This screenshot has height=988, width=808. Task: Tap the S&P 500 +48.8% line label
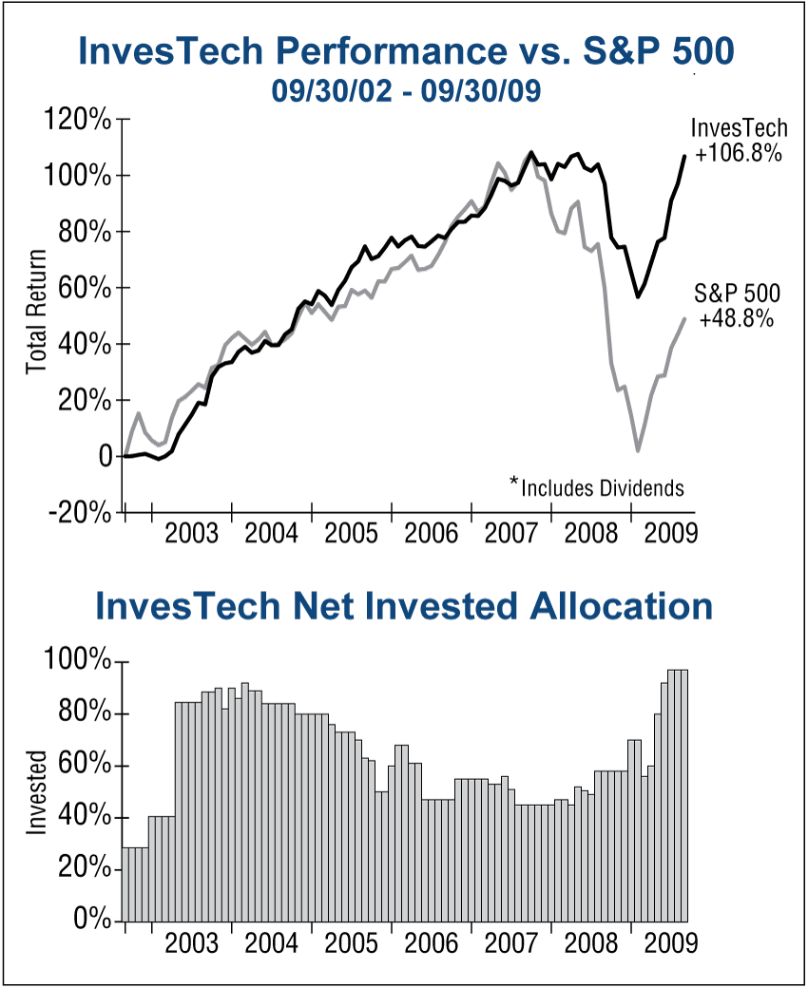click(737, 307)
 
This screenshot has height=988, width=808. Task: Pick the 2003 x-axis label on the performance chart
click(193, 534)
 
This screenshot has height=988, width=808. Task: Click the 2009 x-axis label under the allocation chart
click(671, 943)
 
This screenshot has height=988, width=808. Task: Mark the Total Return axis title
click(36, 312)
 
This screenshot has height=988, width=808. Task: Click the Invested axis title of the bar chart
click(36, 792)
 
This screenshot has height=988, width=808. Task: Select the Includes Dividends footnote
click(597, 488)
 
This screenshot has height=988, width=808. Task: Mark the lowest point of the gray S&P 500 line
click(638, 450)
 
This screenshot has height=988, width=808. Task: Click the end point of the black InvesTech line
click(684, 156)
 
